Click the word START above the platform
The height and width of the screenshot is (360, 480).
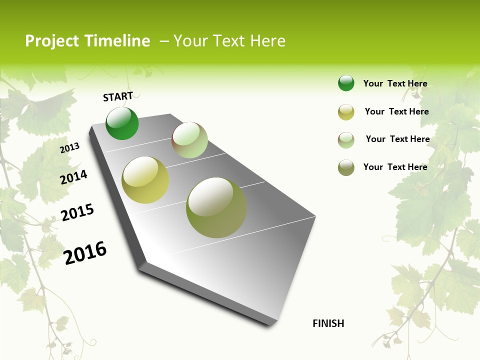pos(118,96)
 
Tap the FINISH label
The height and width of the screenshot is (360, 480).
pos(328,323)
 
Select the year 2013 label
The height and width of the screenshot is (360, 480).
pos(70,147)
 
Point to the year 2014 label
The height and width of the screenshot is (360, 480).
pos(73,177)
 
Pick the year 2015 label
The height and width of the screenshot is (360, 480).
pos(77,212)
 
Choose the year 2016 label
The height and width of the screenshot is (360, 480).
pos(85,252)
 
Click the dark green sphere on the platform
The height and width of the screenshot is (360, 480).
pos(122,123)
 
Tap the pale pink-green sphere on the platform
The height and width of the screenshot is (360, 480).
pos(189,140)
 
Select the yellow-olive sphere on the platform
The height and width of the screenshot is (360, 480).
pos(145,180)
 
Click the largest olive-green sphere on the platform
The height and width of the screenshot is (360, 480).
pos(216,207)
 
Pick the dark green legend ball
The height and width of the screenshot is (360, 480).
pos(346,83)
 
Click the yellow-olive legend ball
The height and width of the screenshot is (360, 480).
pos(346,112)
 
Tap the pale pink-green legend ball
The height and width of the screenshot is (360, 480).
pos(346,139)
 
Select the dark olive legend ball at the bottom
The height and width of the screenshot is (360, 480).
pos(346,167)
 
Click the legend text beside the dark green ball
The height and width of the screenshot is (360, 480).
pos(395,83)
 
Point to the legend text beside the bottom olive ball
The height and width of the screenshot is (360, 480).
pos(395,167)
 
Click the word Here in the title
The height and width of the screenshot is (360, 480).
pos(268,41)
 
